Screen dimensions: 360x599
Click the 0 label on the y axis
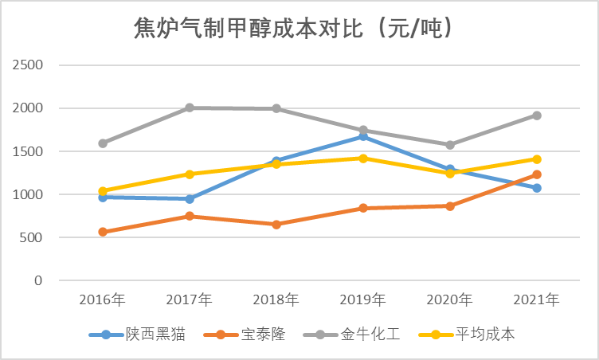tap(38, 280)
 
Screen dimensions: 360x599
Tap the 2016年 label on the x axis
tap(102, 300)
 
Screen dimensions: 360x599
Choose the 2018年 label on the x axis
tap(276, 300)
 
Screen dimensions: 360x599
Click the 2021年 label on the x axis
tap(536, 300)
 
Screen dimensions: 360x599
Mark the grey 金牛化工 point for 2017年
tap(190, 108)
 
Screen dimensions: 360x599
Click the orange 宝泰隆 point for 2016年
tap(103, 232)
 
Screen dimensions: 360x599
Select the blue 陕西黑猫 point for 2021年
tap(537, 188)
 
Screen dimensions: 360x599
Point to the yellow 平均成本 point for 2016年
tap(103, 191)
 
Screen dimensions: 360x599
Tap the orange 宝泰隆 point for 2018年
tap(276, 225)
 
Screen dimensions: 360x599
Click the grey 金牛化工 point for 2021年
tap(537, 115)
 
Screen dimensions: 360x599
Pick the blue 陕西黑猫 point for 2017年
tap(190, 198)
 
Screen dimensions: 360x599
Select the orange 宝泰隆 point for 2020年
tap(450, 205)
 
